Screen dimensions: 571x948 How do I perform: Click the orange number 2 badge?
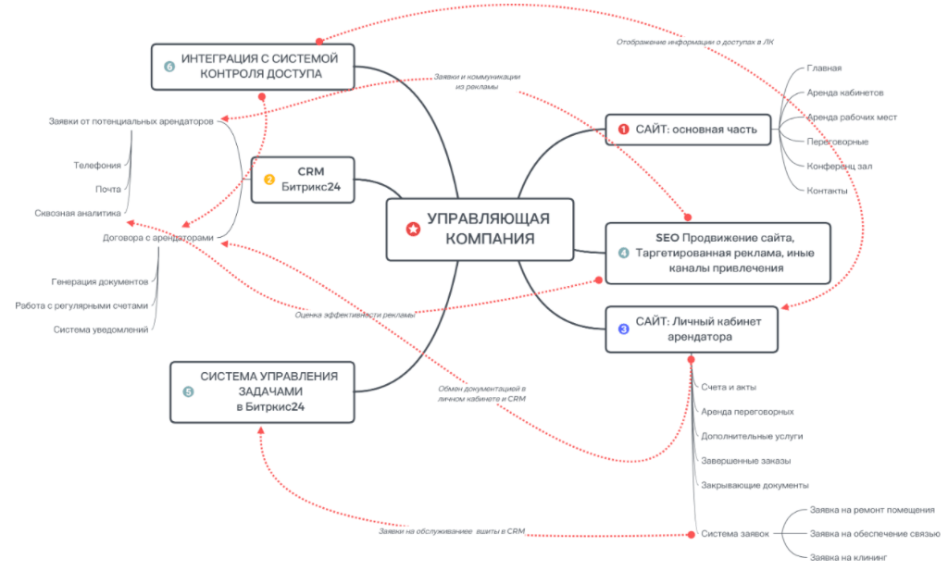click(x=269, y=180)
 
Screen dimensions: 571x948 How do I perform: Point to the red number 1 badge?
click(x=623, y=130)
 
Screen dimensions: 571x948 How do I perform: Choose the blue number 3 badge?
click(x=623, y=329)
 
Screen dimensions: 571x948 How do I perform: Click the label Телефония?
click(x=97, y=165)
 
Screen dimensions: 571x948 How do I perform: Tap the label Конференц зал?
click(x=840, y=166)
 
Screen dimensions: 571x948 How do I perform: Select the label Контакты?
click(x=827, y=190)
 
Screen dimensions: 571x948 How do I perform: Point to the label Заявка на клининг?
click(x=848, y=558)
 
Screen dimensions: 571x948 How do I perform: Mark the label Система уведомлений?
click(x=101, y=329)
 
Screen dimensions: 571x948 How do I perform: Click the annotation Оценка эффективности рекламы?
click(x=355, y=314)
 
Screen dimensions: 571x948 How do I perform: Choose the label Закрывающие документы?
click(x=755, y=484)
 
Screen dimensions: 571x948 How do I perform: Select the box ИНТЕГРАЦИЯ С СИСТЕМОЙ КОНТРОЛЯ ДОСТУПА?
click(x=253, y=66)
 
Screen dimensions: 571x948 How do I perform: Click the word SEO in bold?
click(x=655, y=237)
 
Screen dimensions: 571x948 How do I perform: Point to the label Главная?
click(x=824, y=68)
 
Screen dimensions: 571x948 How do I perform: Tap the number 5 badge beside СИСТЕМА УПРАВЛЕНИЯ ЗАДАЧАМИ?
click(x=189, y=391)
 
